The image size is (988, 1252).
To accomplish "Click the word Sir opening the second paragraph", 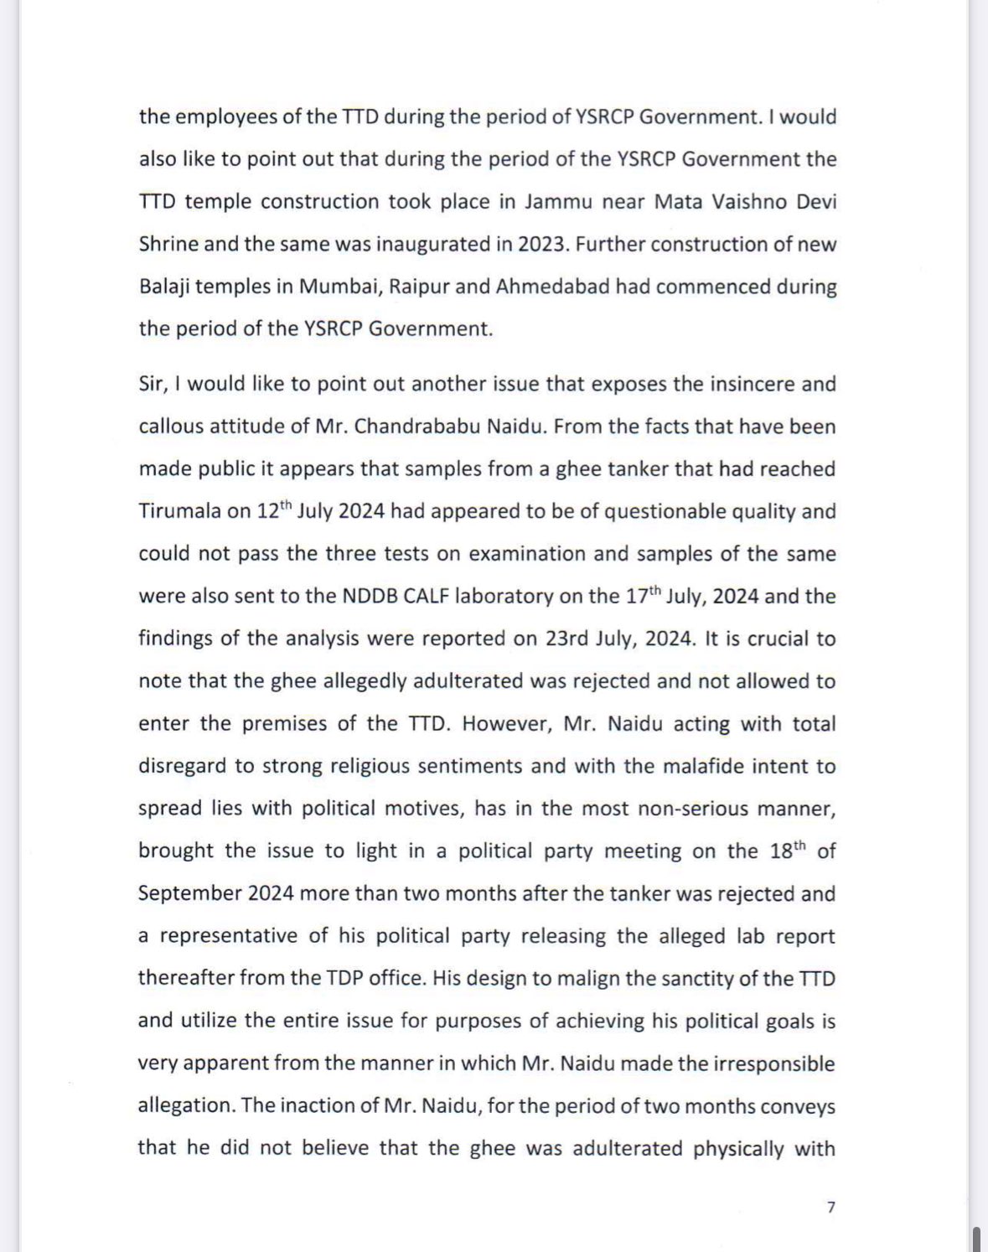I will [154, 385].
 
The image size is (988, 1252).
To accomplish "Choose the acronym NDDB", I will [371, 597].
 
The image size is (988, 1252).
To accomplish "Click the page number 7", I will [830, 1208].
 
